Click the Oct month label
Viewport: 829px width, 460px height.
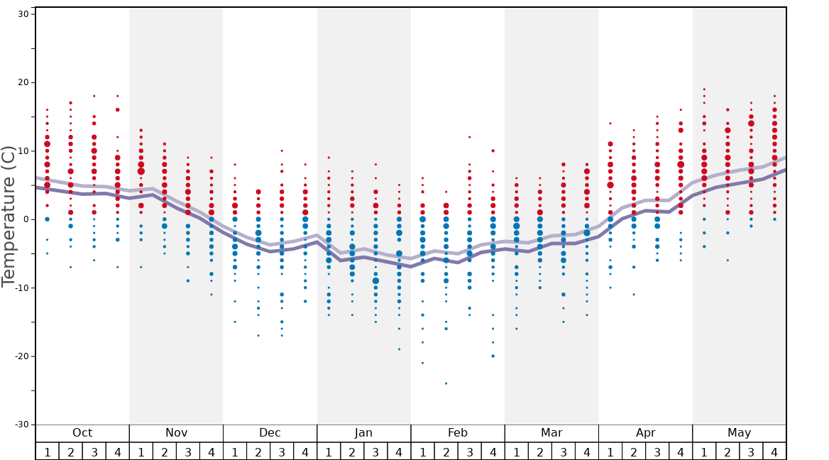[x=82, y=433]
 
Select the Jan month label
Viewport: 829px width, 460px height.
[x=363, y=433]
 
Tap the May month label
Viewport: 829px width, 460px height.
[x=739, y=433]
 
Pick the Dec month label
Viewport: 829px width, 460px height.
[x=270, y=433]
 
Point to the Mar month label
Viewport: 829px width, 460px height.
[x=551, y=433]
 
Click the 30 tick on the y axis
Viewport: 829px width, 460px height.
[x=22, y=14]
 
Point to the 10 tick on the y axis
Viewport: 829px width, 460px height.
[x=22, y=151]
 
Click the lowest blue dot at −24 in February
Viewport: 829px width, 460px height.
[x=446, y=383]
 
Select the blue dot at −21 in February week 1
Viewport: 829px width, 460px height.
[x=422, y=363]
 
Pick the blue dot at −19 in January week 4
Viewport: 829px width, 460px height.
[x=399, y=349]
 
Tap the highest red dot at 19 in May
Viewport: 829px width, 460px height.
[x=704, y=89]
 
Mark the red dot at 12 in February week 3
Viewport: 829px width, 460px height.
[x=469, y=137]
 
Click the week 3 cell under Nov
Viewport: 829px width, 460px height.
[x=188, y=451]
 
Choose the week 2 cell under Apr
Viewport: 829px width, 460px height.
[x=634, y=451]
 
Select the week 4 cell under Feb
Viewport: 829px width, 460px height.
[x=493, y=451]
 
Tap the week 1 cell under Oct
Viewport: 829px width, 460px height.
[x=47, y=451]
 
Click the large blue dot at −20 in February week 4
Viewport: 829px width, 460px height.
[x=493, y=356]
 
